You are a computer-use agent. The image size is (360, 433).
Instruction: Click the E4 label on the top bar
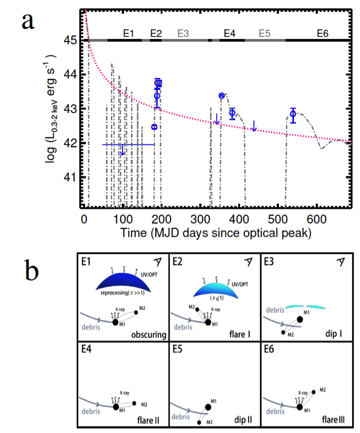pos(230,33)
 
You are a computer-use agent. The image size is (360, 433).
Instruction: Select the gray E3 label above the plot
pos(183,33)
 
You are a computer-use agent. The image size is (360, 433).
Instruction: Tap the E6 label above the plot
pos(322,33)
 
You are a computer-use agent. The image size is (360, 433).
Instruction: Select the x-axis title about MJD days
pos(216,233)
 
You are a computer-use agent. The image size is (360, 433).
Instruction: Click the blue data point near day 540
pos(293,113)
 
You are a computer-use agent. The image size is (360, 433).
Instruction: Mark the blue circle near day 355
pos(222,95)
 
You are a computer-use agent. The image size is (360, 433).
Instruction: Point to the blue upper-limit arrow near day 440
pos(254,126)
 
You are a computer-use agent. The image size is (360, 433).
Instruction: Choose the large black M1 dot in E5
pos(208,406)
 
